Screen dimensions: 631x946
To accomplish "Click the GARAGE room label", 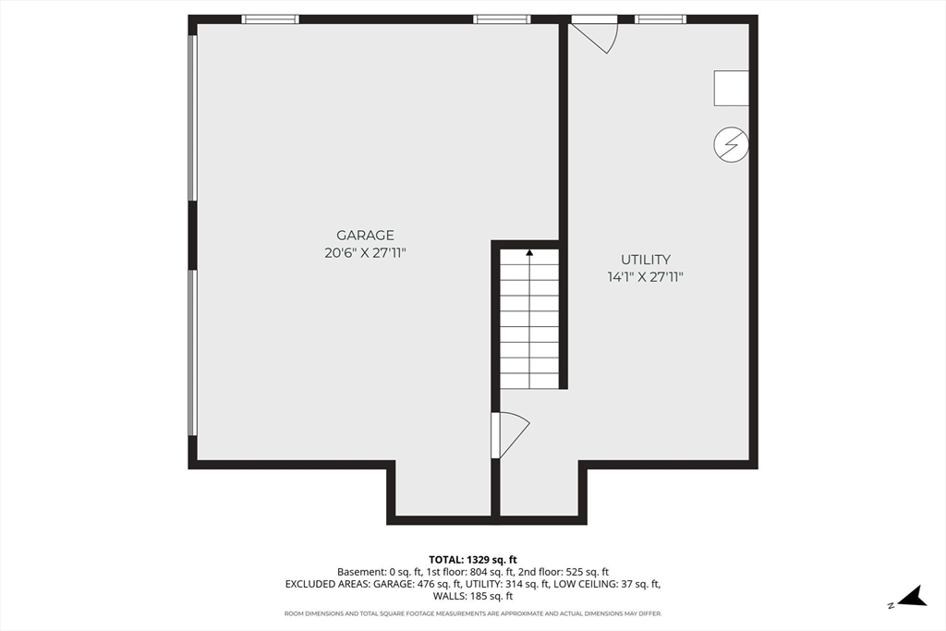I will click(365, 236).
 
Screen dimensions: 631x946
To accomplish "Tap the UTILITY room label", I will click(645, 261).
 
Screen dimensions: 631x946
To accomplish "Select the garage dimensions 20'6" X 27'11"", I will click(365, 252).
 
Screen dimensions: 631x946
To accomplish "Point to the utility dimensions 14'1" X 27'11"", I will click(645, 276).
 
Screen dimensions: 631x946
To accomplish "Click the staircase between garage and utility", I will click(529, 319).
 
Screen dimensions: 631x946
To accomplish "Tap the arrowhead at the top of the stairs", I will click(529, 251).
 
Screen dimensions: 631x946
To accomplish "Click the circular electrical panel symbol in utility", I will click(731, 145).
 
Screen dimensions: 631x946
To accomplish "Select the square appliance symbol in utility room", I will click(730, 88).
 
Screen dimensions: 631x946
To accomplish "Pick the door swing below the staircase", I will click(511, 433).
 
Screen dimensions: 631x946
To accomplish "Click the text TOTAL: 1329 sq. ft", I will click(472, 559).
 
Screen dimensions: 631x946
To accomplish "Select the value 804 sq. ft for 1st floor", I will click(500, 572).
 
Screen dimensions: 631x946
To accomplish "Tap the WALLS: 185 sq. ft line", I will click(472, 596).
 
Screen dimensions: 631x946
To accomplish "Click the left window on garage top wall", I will click(270, 18).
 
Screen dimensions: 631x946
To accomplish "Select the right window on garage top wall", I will click(502, 18).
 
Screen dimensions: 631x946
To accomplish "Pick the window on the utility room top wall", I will click(661, 18).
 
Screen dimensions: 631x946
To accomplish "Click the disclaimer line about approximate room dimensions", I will click(472, 613).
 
